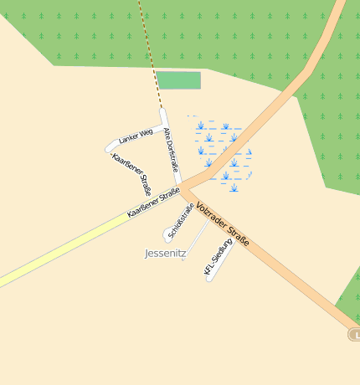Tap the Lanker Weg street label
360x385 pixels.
coord(136,136)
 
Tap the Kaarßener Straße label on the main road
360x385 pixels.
coord(154,203)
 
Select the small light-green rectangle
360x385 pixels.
coord(178,80)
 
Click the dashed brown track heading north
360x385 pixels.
coord(149,50)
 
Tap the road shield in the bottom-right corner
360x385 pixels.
coord(354,335)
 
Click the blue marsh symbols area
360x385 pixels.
coord(223,151)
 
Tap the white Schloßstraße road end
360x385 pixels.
coord(167,238)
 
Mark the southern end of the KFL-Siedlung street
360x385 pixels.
coord(209,277)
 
